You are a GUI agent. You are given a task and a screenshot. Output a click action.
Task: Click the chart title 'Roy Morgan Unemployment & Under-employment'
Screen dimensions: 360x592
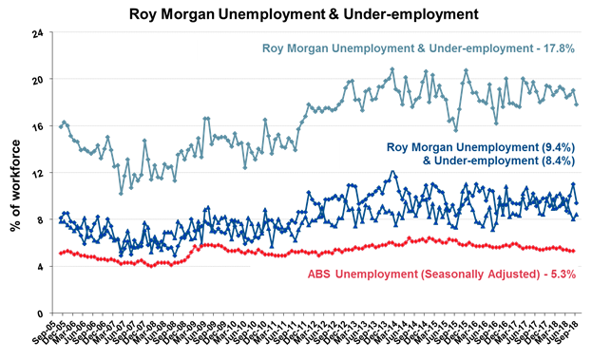(x=296, y=14)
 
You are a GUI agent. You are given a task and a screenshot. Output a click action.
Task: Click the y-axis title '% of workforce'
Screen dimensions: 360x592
(x=15, y=174)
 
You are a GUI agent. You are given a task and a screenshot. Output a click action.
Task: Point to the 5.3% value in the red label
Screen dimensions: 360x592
(x=556, y=275)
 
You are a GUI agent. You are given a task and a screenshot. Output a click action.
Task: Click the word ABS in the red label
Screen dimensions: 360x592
(x=322, y=275)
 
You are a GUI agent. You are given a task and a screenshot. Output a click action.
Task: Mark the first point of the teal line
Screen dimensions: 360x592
(x=61, y=126)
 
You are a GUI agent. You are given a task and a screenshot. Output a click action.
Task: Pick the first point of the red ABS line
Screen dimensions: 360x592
(x=61, y=253)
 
